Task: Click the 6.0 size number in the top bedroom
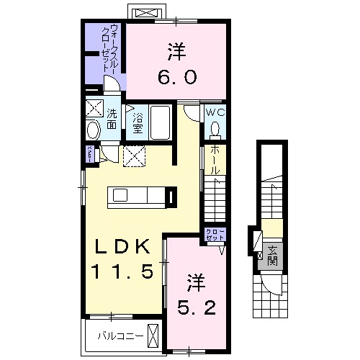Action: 176,74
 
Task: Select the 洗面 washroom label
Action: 113,120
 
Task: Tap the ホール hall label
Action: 214,159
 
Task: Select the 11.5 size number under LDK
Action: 120,271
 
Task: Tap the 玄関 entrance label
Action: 273,256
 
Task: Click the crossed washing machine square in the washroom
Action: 94,109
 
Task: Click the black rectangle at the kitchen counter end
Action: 171,196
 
